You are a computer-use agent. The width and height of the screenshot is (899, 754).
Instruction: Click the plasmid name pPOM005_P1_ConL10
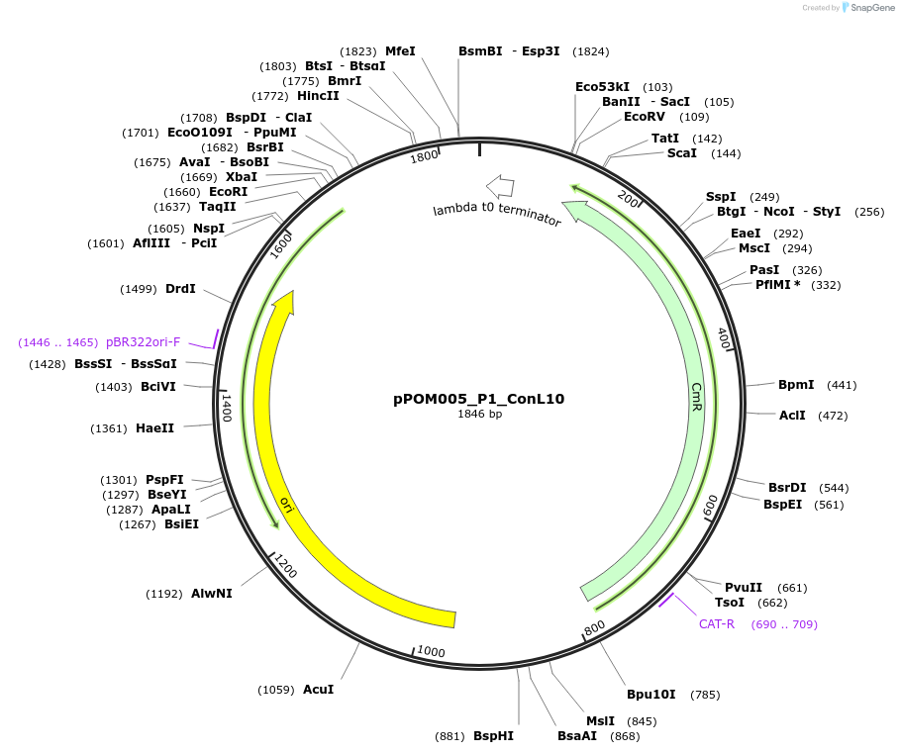point(479,399)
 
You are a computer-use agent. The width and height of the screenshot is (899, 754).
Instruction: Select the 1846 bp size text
point(479,414)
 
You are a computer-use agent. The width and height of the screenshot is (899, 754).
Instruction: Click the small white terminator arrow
point(499,186)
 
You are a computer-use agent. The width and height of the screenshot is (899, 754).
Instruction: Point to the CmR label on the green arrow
point(697,398)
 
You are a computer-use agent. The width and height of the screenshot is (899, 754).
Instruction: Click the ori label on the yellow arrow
point(287,506)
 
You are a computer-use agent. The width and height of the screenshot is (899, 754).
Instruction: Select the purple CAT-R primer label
point(717,624)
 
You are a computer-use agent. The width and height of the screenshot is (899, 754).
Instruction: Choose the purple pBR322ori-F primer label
point(144,342)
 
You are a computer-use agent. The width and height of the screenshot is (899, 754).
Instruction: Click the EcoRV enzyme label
point(645,117)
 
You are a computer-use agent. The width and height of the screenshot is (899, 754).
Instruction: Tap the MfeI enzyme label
point(400,51)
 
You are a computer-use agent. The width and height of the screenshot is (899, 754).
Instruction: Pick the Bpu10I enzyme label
point(650,695)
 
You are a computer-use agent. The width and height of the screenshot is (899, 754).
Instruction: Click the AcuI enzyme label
point(318,689)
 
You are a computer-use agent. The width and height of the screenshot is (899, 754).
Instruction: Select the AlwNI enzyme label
point(212,594)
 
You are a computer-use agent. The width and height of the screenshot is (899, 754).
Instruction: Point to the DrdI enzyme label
point(180,289)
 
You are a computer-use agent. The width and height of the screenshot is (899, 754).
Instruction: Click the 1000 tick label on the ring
point(431,650)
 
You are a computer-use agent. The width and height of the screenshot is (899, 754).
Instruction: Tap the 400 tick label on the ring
point(723,339)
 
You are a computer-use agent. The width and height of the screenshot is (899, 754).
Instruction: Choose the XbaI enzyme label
point(242,176)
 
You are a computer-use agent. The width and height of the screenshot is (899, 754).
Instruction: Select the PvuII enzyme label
point(744,588)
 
